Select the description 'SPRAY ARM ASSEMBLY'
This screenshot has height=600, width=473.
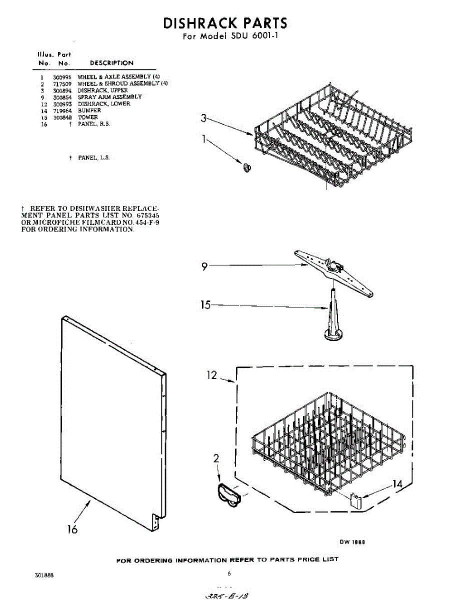coord(109,97)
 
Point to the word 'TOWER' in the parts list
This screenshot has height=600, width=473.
coord(88,117)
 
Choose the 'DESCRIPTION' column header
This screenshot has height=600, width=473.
coord(111,63)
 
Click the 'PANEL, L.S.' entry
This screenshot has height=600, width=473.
coord(93,157)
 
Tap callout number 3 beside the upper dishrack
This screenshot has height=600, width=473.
coord(203,118)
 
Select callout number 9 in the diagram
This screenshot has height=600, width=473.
coord(204,267)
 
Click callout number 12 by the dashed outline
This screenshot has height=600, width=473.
coord(213,375)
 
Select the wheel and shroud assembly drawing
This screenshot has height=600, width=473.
coord(228,495)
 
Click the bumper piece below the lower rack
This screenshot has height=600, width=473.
coord(355,500)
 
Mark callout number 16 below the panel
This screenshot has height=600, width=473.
coord(73,529)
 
